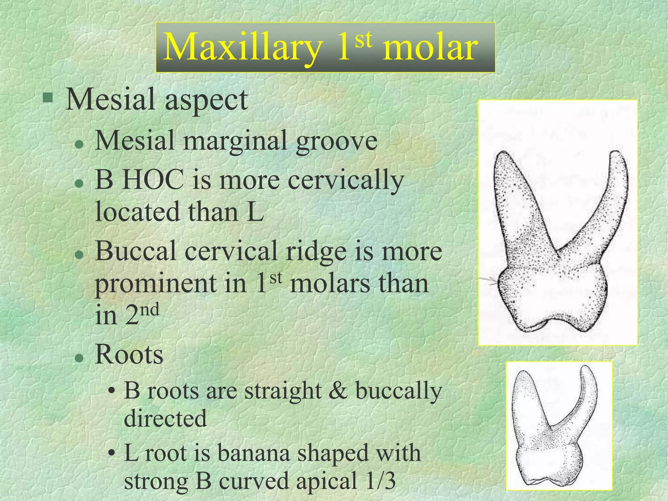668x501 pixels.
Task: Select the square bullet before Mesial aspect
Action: pos(48,97)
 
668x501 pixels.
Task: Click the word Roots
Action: pos(129,355)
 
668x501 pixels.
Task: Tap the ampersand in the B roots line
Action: pos(338,390)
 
